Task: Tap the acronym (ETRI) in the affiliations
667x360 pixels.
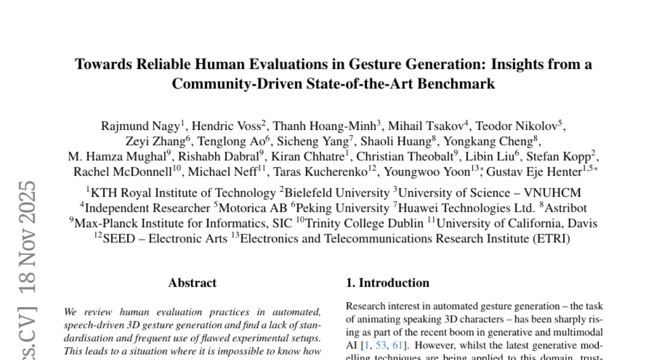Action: pos(550,239)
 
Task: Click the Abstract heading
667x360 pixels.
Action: pos(192,283)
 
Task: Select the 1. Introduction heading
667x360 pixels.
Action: pos(387,283)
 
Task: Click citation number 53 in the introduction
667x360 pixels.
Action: pos(381,345)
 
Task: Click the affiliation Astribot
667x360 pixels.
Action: pos(565,208)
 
